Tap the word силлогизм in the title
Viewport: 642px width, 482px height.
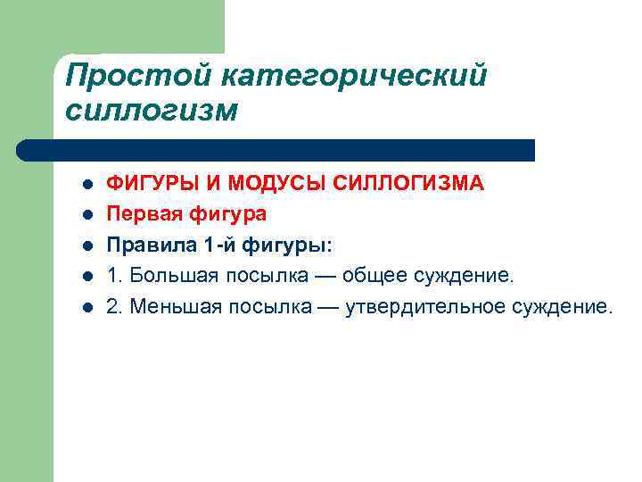pyautogui.click(x=152, y=111)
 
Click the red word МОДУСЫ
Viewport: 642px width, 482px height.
pyautogui.click(x=275, y=184)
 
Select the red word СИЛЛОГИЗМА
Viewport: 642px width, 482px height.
pyautogui.click(x=410, y=184)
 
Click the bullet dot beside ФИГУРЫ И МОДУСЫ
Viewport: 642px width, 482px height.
pyautogui.click(x=86, y=185)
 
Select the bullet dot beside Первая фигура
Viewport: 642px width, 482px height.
pyautogui.click(x=86, y=215)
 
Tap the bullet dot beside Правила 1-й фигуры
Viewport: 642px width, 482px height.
pyautogui.click(x=86, y=245)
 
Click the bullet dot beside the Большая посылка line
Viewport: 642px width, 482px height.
pyautogui.click(x=86, y=277)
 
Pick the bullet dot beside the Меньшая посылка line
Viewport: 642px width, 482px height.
pyautogui.click(x=86, y=307)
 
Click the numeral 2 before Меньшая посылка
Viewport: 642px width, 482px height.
pyautogui.click(x=112, y=306)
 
